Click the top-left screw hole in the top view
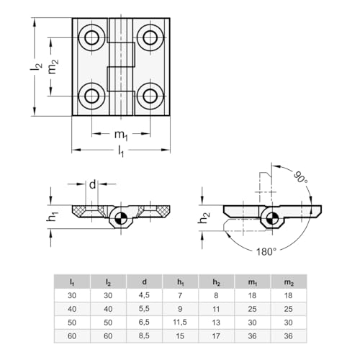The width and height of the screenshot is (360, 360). [x=93, y=37]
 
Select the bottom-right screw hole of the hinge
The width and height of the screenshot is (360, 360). [x=150, y=94]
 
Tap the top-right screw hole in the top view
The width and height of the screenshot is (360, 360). [x=150, y=37]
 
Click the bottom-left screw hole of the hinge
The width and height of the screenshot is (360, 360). [x=93, y=94]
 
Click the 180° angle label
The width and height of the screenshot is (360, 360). [x=267, y=251]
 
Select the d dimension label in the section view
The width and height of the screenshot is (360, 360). [x=93, y=184]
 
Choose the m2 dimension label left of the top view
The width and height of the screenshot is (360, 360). [x=52, y=66]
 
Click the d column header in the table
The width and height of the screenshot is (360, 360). [x=145, y=282]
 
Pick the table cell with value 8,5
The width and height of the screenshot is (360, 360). [x=145, y=335]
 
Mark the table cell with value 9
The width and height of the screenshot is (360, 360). [x=181, y=308]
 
